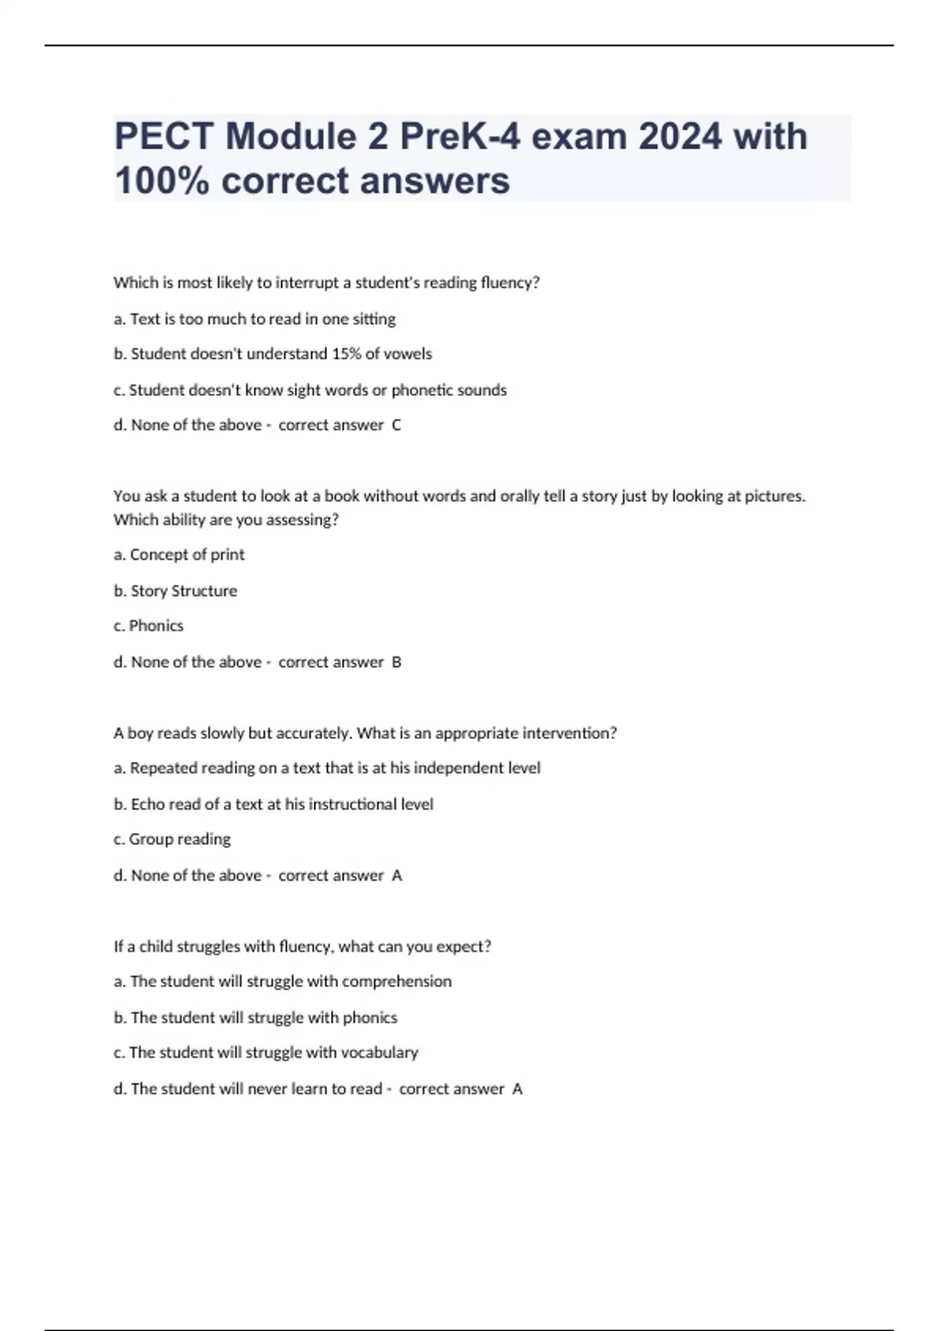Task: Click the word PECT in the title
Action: (164, 137)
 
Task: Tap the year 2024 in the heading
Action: (680, 137)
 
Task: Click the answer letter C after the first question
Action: (396, 425)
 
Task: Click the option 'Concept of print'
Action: (187, 554)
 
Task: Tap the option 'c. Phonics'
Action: (149, 626)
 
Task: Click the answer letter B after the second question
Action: (396, 662)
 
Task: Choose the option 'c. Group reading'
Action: (172, 839)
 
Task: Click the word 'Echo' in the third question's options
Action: (148, 804)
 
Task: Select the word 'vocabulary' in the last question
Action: (380, 1052)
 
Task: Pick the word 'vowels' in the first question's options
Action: (408, 354)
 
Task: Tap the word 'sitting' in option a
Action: (374, 319)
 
